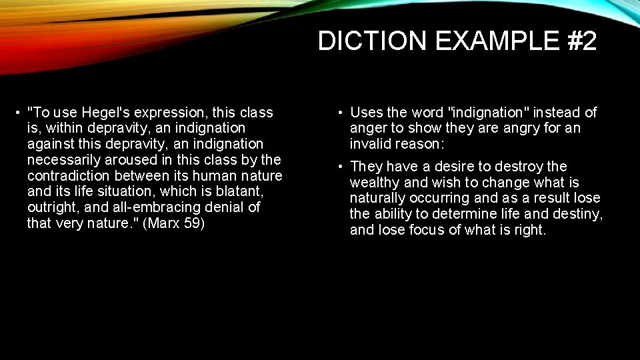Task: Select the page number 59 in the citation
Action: pos(193,223)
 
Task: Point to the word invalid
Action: pos(373,145)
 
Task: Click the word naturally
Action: pos(377,199)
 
